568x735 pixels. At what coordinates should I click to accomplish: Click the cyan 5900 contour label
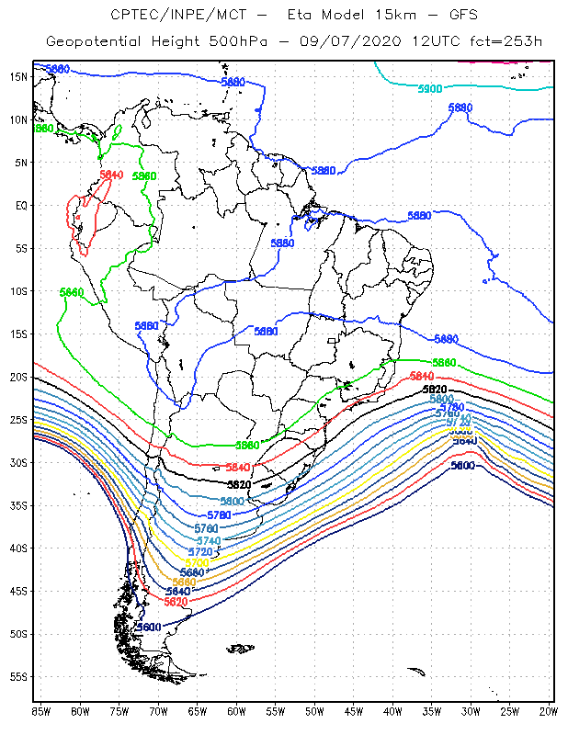coord(430,89)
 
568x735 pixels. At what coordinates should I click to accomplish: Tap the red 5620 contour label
coord(176,602)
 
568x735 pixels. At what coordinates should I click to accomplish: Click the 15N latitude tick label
coord(18,77)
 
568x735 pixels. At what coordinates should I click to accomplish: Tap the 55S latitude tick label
coord(18,677)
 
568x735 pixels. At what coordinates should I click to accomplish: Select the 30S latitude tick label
coord(18,463)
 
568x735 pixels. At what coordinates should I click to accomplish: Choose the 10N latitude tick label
coord(18,119)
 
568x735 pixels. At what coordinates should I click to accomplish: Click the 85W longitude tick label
coord(41,711)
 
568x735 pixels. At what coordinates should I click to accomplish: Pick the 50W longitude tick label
coord(314,711)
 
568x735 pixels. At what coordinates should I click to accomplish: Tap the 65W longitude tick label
coord(198,711)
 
